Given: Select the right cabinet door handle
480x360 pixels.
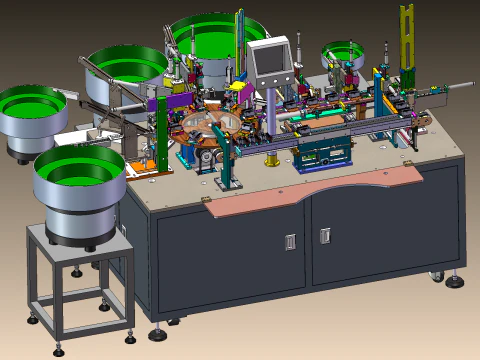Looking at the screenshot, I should pos(325,236).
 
